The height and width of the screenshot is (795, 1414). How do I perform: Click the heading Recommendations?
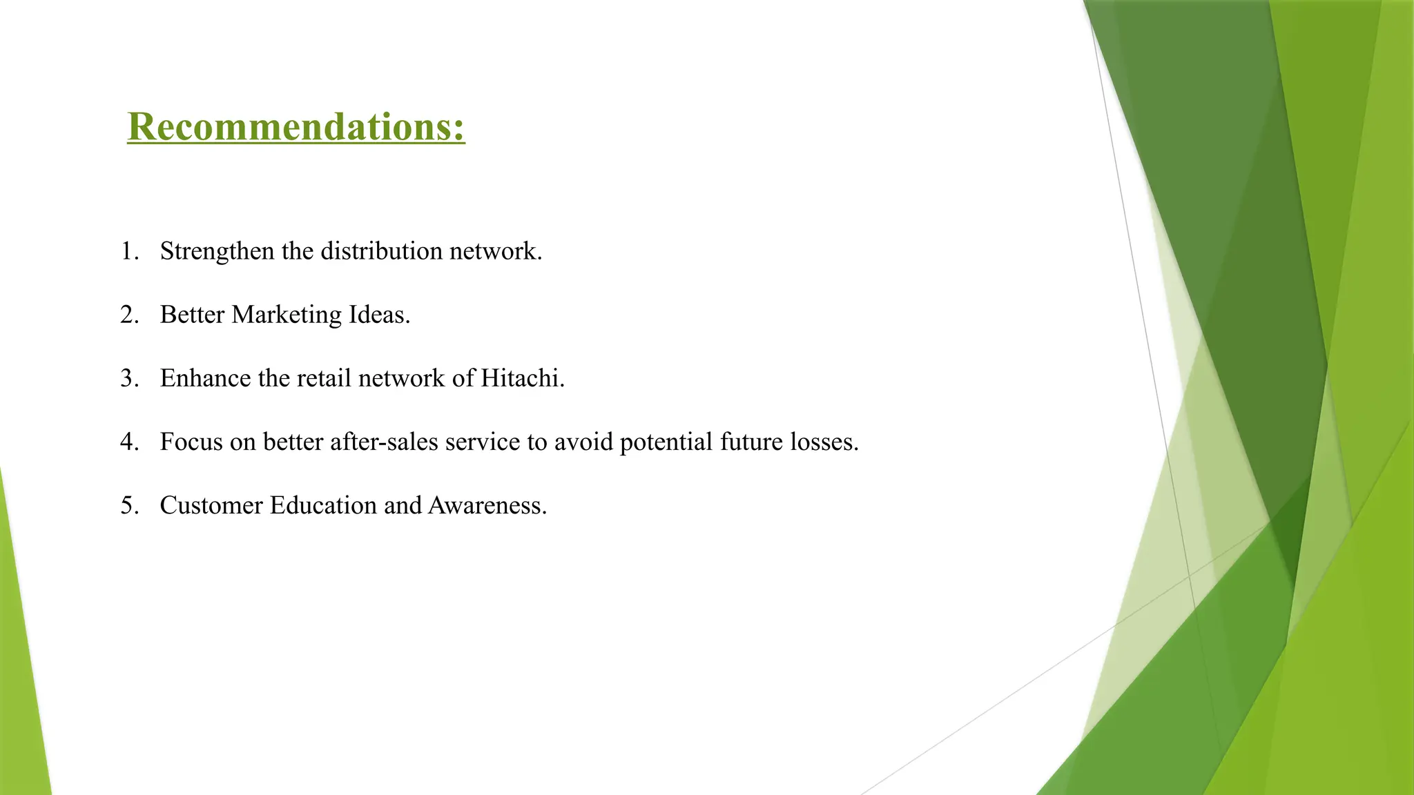(x=296, y=127)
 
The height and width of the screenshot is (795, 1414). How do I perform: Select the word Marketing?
(x=287, y=315)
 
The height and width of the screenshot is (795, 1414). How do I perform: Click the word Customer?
(x=211, y=506)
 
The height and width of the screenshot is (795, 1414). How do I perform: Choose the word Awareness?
(x=487, y=506)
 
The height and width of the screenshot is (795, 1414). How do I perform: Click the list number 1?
(x=129, y=251)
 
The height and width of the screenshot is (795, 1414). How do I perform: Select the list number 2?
(x=129, y=315)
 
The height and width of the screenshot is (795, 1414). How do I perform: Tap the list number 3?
(x=129, y=378)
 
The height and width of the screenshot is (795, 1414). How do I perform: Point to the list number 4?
(x=129, y=442)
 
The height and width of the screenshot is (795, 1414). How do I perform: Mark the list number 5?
(x=129, y=506)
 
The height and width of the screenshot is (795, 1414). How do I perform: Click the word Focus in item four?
(x=191, y=442)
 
